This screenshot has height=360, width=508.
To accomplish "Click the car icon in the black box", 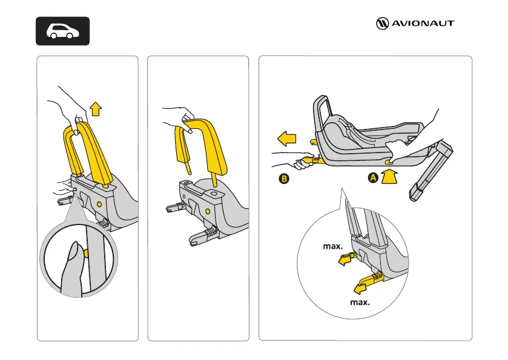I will pyautogui.click(x=63, y=31).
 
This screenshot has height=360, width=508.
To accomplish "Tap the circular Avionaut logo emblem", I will pyautogui.click(x=382, y=24).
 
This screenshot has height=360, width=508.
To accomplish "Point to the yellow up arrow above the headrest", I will pyautogui.click(x=95, y=110).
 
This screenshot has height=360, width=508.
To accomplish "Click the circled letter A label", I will pyautogui.click(x=374, y=178).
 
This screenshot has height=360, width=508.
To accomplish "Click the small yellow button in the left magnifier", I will pyautogui.click(x=87, y=252).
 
